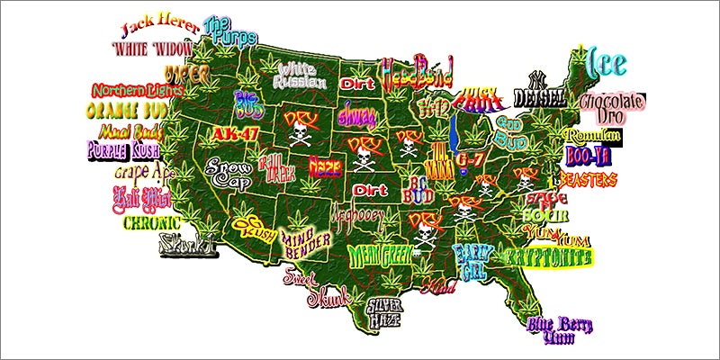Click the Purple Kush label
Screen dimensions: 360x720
click(x=123, y=150)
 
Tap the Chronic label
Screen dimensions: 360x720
click(x=150, y=220)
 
